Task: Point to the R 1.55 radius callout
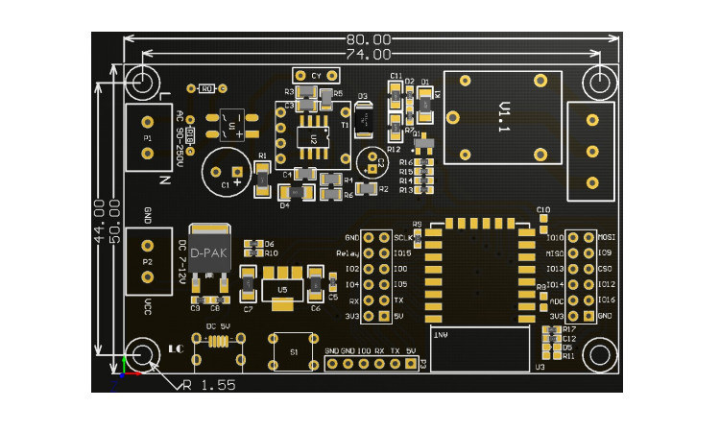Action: [208, 384]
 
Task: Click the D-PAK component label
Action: [208, 252]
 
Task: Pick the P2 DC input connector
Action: [148, 261]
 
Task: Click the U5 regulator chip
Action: [281, 288]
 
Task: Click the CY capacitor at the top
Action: [315, 75]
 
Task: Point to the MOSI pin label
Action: [606, 237]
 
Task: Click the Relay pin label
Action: [348, 253]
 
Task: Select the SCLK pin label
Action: [403, 237]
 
